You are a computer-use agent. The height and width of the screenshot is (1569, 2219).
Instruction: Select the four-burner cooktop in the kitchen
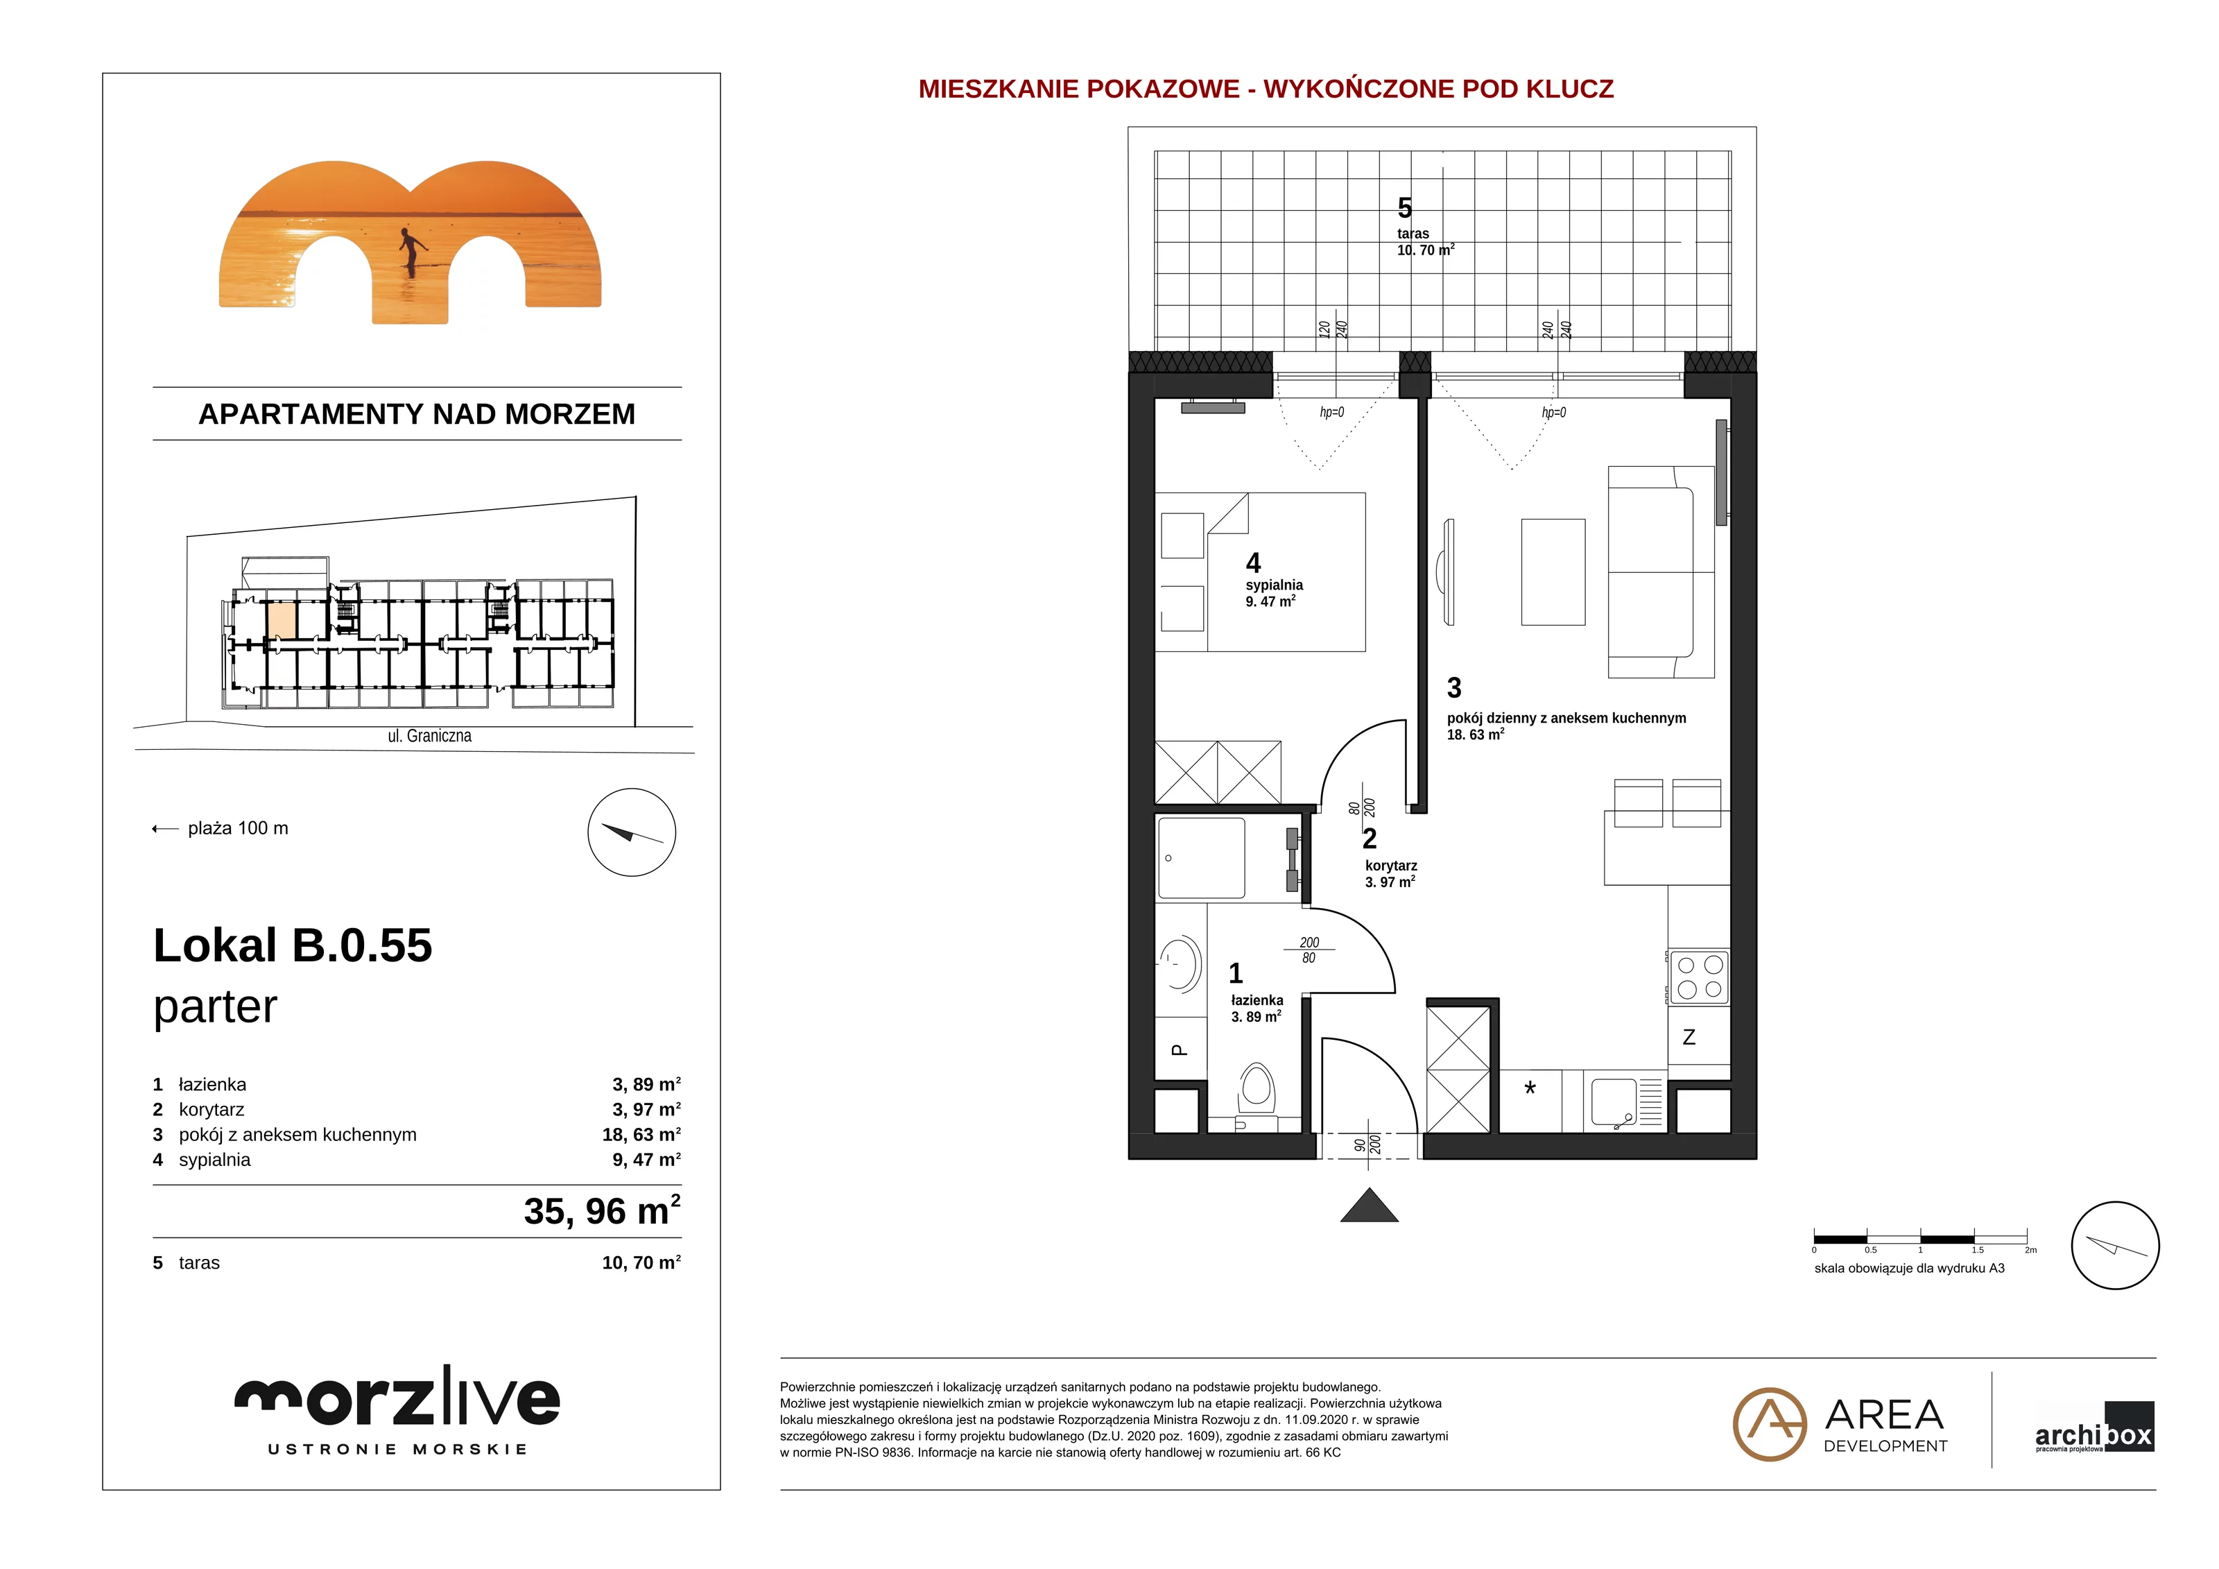point(1699,977)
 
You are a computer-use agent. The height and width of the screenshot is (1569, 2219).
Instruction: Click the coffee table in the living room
point(1553,572)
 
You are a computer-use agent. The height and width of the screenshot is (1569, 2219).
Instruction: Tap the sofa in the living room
point(1660,572)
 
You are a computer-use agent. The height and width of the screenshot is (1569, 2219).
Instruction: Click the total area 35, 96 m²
point(602,1210)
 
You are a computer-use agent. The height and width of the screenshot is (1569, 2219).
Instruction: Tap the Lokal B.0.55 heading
point(293,945)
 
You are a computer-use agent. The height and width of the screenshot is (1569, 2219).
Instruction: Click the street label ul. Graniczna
point(429,736)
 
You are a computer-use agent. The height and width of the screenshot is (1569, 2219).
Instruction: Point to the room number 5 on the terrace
point(1404,208)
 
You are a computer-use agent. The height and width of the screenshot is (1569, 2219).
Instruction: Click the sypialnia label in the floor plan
point(1274,585)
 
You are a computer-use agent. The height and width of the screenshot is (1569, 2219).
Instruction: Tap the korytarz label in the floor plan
point(1391,866)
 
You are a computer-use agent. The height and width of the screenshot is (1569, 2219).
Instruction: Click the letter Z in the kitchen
point(1689,1037)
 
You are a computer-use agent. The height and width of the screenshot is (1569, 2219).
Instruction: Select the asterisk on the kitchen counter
point(1530,1088)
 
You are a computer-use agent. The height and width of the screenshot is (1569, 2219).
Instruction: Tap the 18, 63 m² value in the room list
point(641,1135)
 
